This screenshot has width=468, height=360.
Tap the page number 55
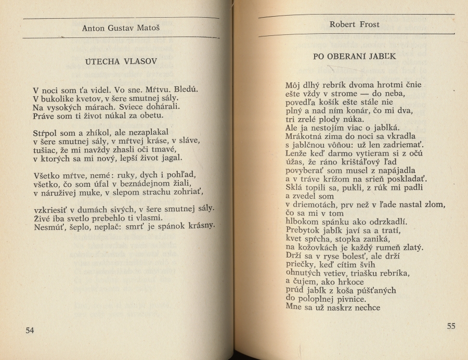click(x=450, y=326)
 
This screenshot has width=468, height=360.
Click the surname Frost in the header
click(x=368, y=24)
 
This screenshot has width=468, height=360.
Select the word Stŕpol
click(x=46, y=133)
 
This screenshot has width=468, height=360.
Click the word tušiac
click(x=45, y=150)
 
